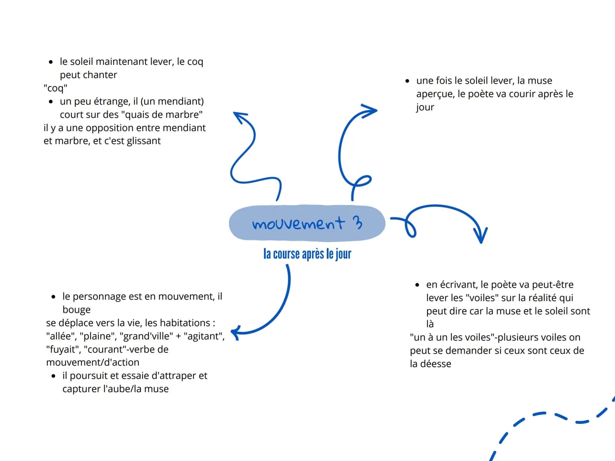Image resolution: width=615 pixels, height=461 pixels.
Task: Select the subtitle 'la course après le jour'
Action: [x=307, y=254]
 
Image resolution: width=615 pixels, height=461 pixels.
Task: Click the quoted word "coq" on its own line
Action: [x=56, y=88]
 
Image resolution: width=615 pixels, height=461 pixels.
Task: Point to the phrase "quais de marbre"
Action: [x=162, y=114]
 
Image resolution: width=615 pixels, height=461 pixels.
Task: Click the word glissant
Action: [x=144, y=141]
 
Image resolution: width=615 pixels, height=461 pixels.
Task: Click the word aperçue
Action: [x=434, y=94]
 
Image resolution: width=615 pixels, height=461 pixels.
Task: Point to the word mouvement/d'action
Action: [x=93, y=362]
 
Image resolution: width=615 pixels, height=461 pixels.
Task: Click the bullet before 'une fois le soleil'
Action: [x=407, y=81]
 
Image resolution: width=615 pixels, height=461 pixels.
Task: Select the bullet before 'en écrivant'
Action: [x=417, y=285]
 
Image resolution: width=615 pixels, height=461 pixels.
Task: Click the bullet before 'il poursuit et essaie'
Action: [x=53, y=376]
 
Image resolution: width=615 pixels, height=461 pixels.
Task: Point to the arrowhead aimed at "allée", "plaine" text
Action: [x=235, y=333]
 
